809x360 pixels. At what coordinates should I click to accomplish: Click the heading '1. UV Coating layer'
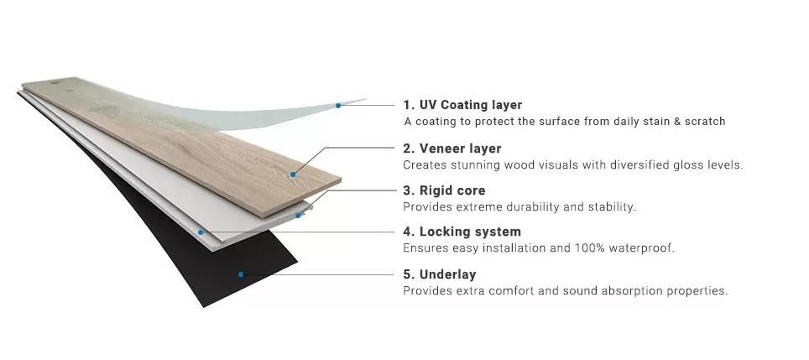(462, 105)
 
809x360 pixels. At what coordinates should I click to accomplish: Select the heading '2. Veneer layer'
(451, 149)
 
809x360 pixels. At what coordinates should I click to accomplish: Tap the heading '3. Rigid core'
(444, 190)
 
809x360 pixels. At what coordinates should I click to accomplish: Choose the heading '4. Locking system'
(462, 232)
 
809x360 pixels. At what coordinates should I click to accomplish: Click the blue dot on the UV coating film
(337, 106)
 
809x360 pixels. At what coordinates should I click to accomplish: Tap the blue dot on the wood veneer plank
(293, 175)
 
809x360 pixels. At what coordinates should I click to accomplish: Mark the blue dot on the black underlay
(240, 274)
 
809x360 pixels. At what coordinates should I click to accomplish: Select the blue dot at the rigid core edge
(299, 215)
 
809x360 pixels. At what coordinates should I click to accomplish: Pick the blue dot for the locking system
(200, 232)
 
